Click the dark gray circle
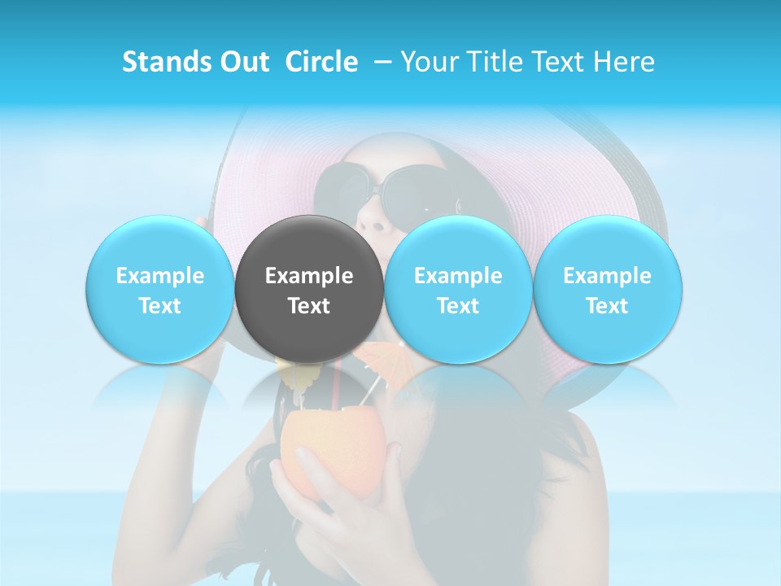(x=309, y=289)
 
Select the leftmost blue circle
(x=160, y=289)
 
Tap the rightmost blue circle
(x=607, y=289)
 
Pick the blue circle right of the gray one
(x=458, y=289)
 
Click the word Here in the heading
(x=624, y=62)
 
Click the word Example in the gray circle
(x=309, y=276)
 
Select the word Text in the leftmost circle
(x=160, y=306)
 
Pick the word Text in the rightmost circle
(x=607, y=306)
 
